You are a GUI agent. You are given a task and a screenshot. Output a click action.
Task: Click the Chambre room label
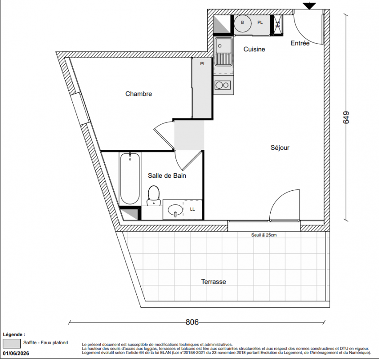[x=138, y=94]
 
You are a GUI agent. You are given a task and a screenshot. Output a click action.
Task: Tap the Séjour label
[x=280, y=147]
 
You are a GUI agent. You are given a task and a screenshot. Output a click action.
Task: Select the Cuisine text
[x=254, y=49]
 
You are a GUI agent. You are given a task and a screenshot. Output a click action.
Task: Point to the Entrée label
[x=300, y=43]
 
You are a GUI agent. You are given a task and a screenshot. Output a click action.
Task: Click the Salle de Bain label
[x=167, y=175]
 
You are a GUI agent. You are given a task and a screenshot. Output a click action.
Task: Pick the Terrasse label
[x=214, y=282]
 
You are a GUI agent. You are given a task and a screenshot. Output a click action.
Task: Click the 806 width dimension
[x=192, y=322]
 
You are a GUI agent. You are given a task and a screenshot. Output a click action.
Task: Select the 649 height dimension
[x=346, y=117]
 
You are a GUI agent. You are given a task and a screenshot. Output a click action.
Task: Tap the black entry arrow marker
[x=309, y=6]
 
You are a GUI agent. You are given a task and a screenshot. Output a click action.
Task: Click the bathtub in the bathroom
[x=130, y=179]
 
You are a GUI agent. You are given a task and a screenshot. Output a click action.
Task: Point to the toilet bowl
[x=154, y=196]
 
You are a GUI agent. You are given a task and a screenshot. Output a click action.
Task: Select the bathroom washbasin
[x=175, y=210]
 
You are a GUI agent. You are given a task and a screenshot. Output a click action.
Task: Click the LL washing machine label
[x=192, y=209]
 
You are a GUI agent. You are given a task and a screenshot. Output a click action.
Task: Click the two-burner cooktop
[x=223, y=85]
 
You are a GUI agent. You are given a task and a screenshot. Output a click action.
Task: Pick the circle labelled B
[x=242, y=23]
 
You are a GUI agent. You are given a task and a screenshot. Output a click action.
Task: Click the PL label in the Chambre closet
[x=203, y=64]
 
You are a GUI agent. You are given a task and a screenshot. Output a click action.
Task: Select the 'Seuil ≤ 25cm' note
[x=264, y=235]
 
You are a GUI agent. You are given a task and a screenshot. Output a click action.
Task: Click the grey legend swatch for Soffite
[x=12, y=343]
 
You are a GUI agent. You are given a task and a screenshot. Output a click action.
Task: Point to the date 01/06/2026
[x=16, y=353]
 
